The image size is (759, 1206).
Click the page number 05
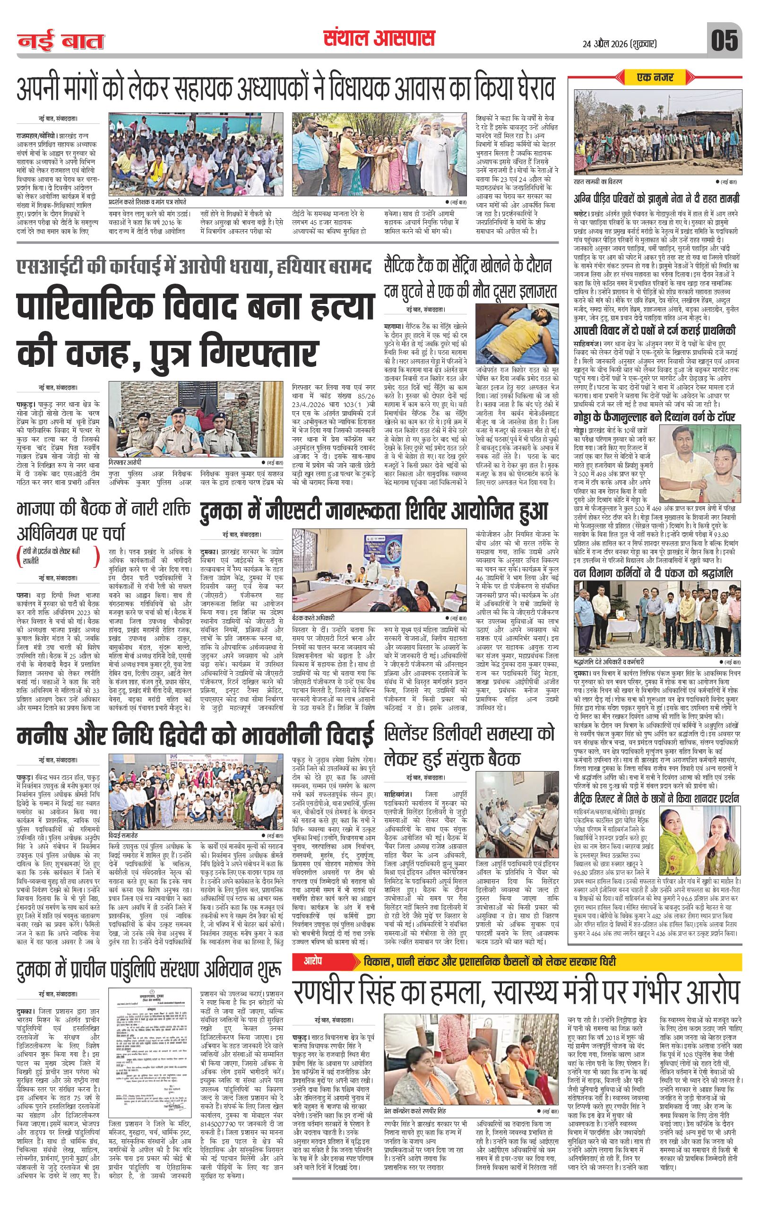point(724,40)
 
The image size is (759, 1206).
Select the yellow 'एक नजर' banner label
point(655,78)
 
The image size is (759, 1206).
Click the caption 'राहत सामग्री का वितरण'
point(600,182)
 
